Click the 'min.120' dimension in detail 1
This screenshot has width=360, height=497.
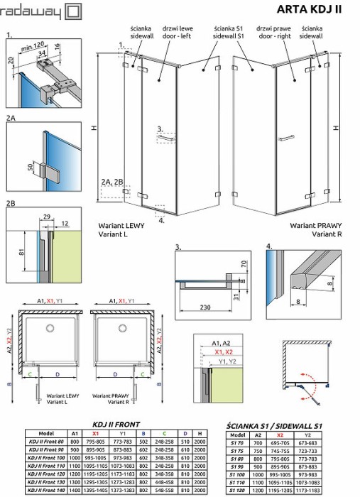tap(48, 45)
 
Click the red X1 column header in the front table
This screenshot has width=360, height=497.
tap(95, 432)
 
